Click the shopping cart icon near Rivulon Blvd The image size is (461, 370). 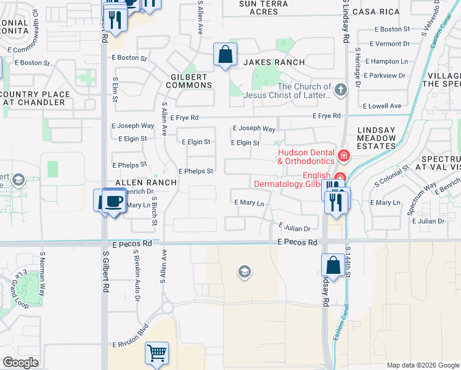click(157, 353)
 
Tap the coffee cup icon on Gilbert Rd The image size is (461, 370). click(113, 201)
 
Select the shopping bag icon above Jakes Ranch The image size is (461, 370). click(226, 54)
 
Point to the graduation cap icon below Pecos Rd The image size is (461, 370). click(245, 272)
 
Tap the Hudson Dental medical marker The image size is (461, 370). click(343, 154)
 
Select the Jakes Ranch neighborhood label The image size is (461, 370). click(274, 62)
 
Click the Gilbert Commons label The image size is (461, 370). click(182, 85)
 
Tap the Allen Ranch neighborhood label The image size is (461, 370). click(146, 183)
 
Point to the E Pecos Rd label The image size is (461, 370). click(296, 242)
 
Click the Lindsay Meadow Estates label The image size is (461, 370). click(377, 139)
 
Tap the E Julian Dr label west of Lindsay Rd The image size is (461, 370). click(294, 228)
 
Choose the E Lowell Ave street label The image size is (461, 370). click(383, 106)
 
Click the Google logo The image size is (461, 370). click(20, 363)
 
